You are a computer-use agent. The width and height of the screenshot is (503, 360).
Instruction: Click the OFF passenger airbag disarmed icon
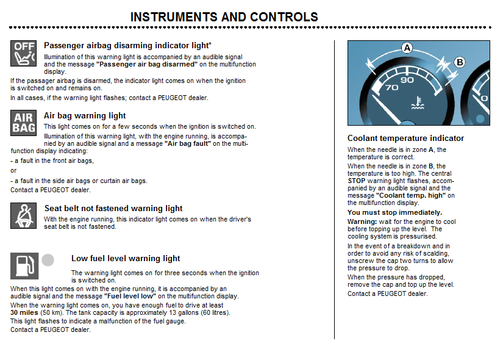coord(24,54)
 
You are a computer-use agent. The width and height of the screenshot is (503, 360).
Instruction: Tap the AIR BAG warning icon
coord(24,123)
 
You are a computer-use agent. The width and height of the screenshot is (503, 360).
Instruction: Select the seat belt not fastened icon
coord(24,216)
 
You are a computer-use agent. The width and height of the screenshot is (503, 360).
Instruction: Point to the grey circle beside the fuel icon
coord(48,261)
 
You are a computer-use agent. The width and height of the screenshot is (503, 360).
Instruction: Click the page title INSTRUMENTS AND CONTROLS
coord(224,17)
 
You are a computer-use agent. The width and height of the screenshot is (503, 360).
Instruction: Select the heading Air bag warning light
coord(85,115)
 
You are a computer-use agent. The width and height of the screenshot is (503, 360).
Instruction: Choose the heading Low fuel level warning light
coord(126,258)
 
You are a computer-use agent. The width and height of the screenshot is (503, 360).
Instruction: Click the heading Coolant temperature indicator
coord(405,139)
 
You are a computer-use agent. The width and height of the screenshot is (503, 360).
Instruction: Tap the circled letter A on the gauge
coord(407,48)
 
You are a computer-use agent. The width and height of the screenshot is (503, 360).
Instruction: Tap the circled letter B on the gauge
coord(459,62)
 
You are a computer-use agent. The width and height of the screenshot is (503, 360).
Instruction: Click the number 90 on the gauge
coord(407,79)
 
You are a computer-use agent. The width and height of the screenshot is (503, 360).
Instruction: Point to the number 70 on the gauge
coord(392,87)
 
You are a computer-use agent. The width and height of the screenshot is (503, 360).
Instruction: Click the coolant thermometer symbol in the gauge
coord(418,103)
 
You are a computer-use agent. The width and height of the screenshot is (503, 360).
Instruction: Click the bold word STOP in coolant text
coord(357,181)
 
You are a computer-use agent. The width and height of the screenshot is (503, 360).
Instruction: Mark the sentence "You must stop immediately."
coord(394,212)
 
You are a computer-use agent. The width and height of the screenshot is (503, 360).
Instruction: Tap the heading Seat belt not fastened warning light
coord(113,208)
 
